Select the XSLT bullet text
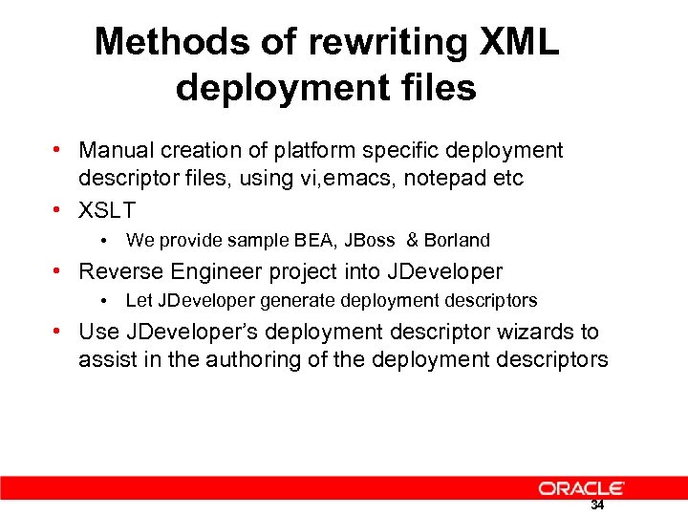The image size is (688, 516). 107,209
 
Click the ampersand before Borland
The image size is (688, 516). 413,240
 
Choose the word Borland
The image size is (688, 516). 458,240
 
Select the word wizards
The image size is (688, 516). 560,333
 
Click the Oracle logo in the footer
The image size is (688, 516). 581,487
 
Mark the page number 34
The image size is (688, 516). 597,505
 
